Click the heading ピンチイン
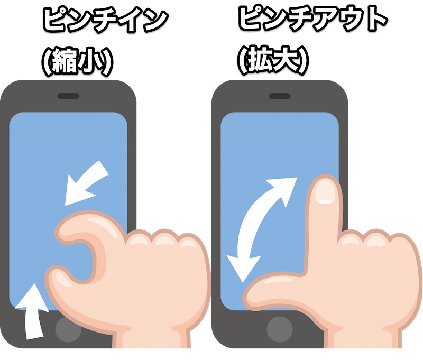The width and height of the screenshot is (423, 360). (x=105, y=20)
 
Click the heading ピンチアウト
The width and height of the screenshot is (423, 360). (x=312, y=20)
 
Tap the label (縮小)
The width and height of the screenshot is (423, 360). (x=77, y=62)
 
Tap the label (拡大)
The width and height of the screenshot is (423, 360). (x=273, y=61)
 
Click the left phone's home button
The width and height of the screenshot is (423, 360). (x=68, y=329)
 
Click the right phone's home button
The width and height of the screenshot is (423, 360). (x=280, y=329)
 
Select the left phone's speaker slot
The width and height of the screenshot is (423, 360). (x=68, y=96)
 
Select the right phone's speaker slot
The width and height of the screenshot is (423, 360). (x=280, y=96)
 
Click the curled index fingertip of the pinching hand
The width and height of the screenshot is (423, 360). (x=65, y=231)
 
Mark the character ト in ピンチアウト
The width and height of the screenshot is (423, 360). (x=377, y=20)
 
